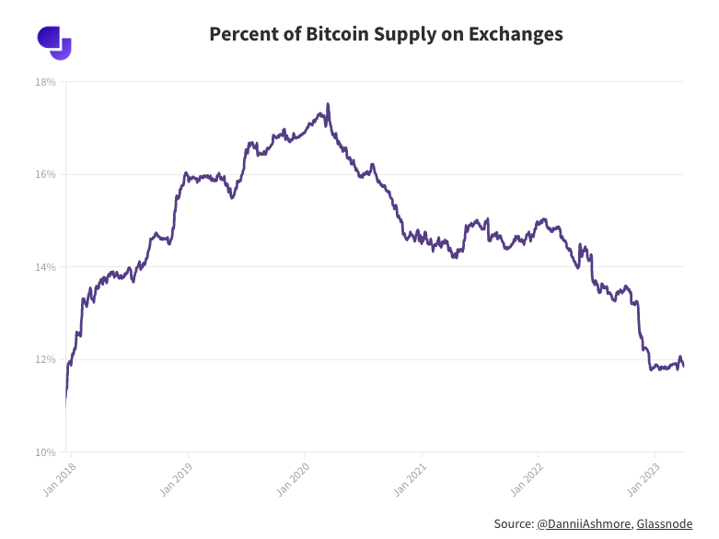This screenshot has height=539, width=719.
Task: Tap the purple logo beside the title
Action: [x=54, y=42]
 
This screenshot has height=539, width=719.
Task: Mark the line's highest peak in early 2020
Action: [x=328, y=105]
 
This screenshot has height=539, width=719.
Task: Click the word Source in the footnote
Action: [x=513, y=523]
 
